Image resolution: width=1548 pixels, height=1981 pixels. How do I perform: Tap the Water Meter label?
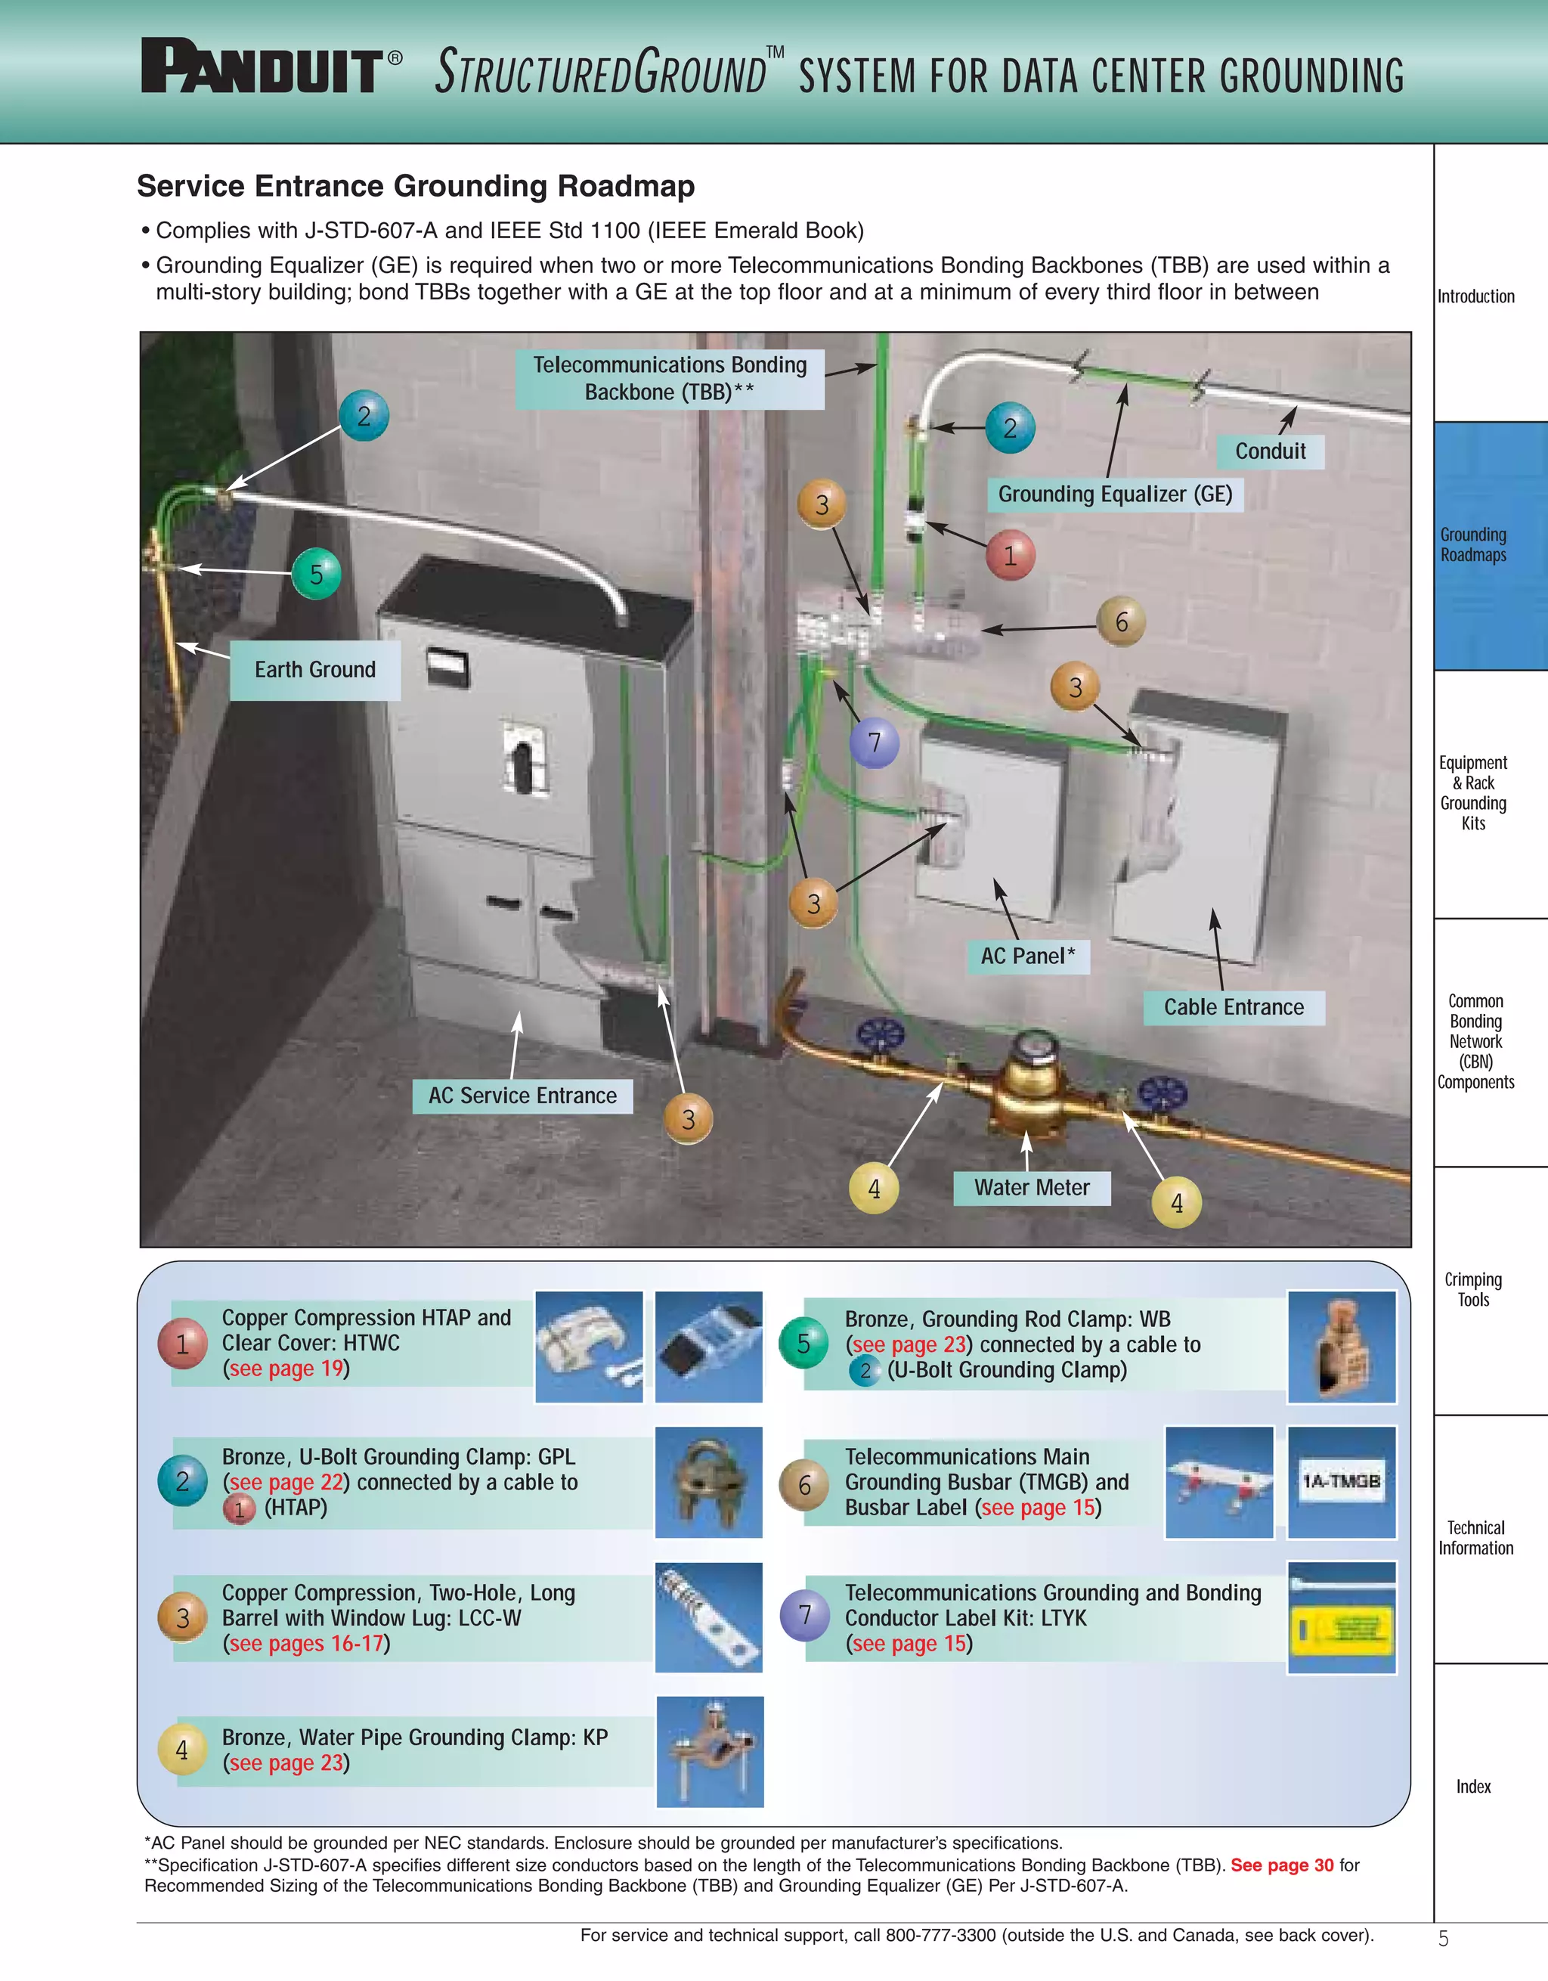pyautogui.click(x=1031, y=1187)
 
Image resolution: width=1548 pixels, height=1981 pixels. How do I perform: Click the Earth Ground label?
pyautogui.click(x=314, y=669)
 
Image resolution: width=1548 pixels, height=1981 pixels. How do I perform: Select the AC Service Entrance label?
pyautogui.click(x=522, y=1096)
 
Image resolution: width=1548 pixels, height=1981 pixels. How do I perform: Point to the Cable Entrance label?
pyautogui.click(x=1234, y=1007)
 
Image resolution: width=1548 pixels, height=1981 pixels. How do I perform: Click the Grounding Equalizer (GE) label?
pyautogui.click(x=1115, y=494)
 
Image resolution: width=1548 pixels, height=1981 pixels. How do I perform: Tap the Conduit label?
pyautogui.click(x=1270, y=451)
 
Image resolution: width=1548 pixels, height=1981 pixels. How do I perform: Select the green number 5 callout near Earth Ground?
pyautogui.click(x=317, y=573)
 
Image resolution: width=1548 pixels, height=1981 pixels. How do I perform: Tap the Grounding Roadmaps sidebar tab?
pyautogui.click(x=1474, y=545)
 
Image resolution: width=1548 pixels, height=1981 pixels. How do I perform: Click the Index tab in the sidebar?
pyautogui.click(x=1474, y=1786)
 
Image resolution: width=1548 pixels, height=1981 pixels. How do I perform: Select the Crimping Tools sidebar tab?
pyautogui.click(x=1474, y=1289)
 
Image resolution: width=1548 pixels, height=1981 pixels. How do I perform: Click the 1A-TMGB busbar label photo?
pyautogui.click(x=1341, y=1482)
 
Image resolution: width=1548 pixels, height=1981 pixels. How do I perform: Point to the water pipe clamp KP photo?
pyautogui.click(x=709, y=1750)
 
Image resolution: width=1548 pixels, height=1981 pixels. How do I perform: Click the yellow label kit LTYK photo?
pyautogui.click(x=1341, y=1618)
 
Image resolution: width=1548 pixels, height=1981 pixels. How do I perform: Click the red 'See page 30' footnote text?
pyautogui.click(x=1281, y=1865)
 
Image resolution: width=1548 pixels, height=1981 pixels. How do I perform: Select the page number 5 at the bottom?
pyautogui.click(x=1443, y=1939)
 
